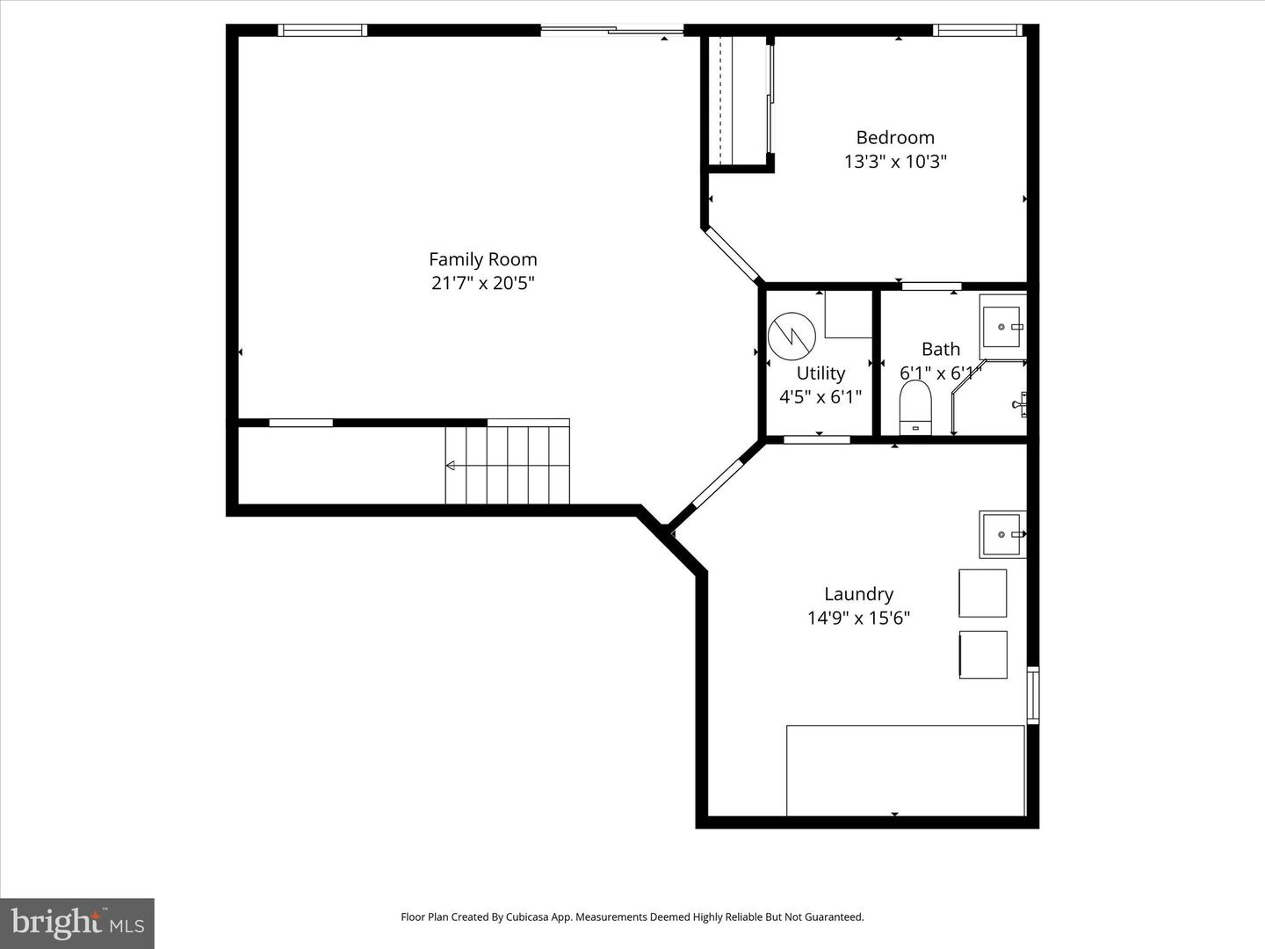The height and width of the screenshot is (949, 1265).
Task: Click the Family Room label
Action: coord(482,259)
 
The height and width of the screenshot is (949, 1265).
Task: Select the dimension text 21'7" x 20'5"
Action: coord(482,283)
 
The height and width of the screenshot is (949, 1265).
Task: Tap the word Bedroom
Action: coord(894,137)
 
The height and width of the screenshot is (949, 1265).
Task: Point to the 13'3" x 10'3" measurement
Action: coord(894,162)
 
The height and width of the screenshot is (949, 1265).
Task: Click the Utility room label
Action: coord(820,373)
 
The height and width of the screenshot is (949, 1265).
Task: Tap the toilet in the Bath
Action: coord(915,408)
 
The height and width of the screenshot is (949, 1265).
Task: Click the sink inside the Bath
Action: coord(1001,327)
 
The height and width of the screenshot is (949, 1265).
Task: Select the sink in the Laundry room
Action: coord(1001,534)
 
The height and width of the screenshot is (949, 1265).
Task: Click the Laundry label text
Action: coord(858,594)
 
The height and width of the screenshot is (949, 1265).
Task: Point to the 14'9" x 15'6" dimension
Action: coord(858,618)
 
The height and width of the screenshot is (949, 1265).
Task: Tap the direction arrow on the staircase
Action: coord(451,465)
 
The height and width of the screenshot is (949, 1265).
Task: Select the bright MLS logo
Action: coord(77,923)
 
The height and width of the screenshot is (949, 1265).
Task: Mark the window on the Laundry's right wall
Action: coord(1033,695)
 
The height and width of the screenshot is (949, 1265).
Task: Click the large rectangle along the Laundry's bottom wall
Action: coord(905,770)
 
